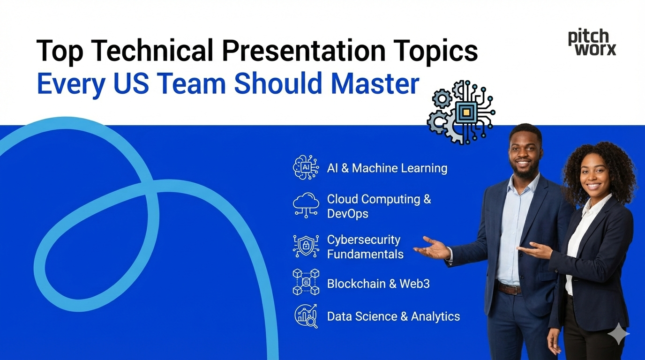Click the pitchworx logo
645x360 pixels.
point(592,43)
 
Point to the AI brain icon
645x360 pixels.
point(306,167)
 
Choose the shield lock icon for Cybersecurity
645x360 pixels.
point(306,246)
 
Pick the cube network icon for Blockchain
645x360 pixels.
point(306,282)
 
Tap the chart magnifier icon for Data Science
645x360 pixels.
point(306,315)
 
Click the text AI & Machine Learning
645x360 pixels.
point(387,168)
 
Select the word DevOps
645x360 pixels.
point(347,214)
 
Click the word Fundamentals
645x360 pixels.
point(365,254)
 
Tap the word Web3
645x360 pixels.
point(414,284)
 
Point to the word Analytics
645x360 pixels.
point(435,316)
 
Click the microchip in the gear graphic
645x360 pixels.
point(465,112)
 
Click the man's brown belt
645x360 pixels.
point(509,288)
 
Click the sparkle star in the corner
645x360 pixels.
point(618,334)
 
